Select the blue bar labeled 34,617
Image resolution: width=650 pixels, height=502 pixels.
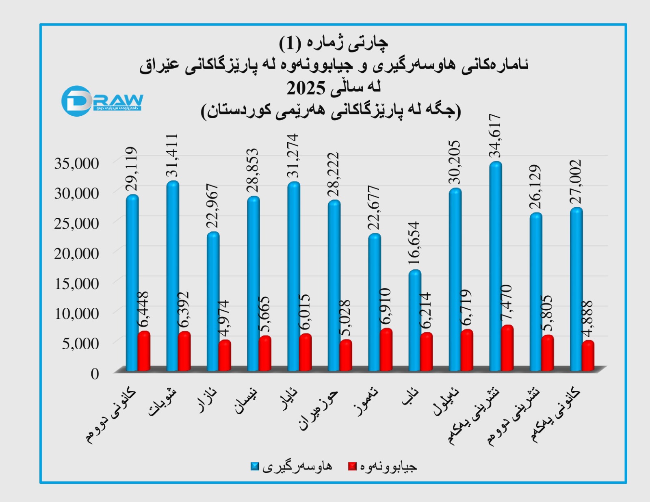coord(496,266)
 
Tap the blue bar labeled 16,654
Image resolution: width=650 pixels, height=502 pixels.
coord(415,321)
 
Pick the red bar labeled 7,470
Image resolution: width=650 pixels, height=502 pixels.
coord(507,348)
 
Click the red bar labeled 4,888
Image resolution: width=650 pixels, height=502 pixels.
coord(588,356)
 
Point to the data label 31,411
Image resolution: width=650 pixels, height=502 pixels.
coord(172,155)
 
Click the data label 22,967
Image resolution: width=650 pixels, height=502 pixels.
coord(213,206)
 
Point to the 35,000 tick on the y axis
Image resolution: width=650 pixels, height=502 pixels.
coord(76,163)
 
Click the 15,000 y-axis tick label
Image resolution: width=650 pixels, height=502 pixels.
coord(76,283)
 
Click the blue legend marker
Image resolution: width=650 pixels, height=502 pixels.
coord(255,467)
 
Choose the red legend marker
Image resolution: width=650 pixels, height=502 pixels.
coord(352,467)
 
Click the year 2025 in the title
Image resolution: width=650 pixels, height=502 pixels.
coord(306,88)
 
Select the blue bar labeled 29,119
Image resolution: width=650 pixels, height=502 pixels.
coord(132,283)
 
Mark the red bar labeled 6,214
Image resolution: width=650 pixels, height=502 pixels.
coord(427,352)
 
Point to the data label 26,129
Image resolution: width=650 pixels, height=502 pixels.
coord(535,187)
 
